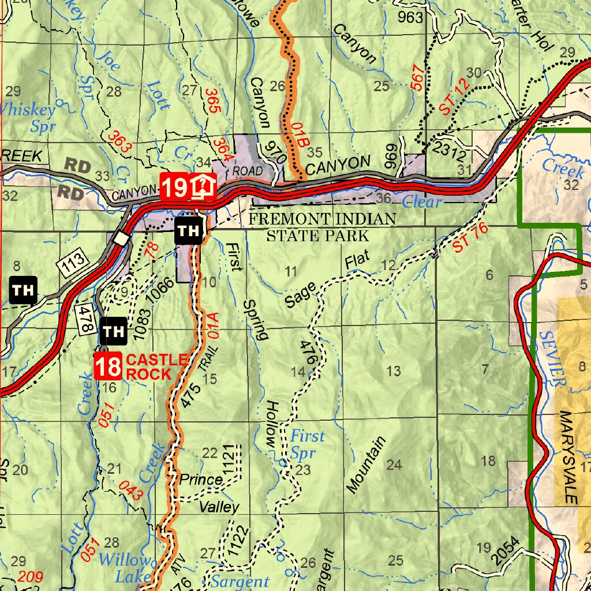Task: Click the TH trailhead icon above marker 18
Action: [114, 331]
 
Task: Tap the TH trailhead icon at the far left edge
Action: [24, 290]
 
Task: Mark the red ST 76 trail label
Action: [470, 237]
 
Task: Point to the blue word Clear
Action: [421, 202]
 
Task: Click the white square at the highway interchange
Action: [121, 238]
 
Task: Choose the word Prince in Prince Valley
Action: [201, 480]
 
